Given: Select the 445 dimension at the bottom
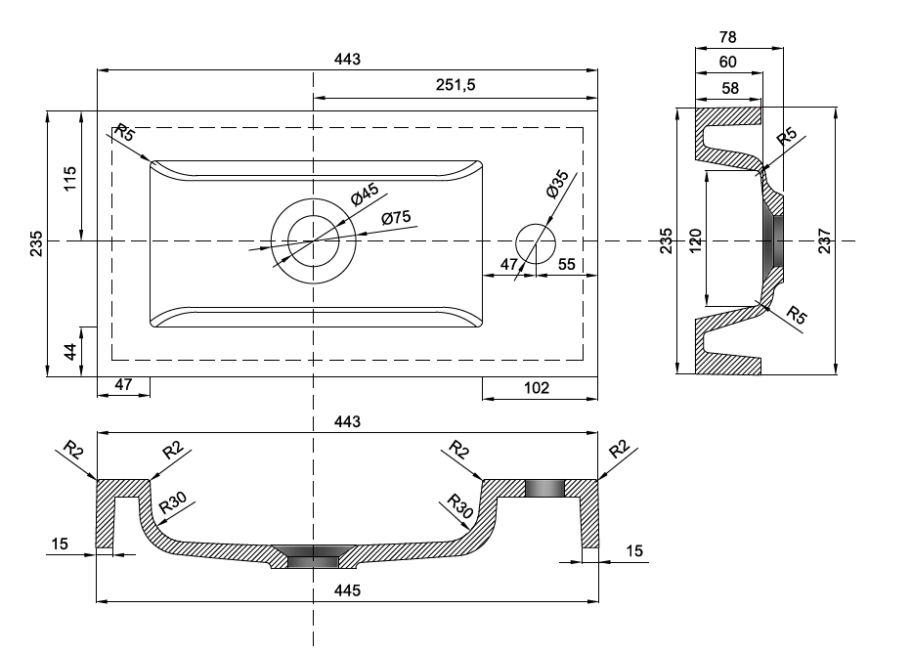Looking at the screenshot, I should coord(348,589).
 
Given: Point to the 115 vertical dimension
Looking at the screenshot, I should coord(68,179).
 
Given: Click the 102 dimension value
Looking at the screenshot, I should coord(536,387).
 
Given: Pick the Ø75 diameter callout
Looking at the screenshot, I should coord(396,217).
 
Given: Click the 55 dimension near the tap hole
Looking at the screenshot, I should coord(565,265).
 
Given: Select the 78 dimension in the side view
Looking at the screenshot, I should coord(727,37).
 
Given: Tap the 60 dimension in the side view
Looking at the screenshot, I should coord(727,63).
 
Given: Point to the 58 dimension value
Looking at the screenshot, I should coord(727,88).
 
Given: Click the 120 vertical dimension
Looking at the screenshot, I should coord(695,239).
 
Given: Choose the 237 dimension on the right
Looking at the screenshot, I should coord(825,239).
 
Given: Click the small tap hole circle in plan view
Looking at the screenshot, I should coord(535,240).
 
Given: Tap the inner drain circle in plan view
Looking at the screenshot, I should coord(313,240).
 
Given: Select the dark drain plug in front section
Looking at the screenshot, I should coord(313,557).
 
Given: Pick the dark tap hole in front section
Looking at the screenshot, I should coord(543,487).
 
